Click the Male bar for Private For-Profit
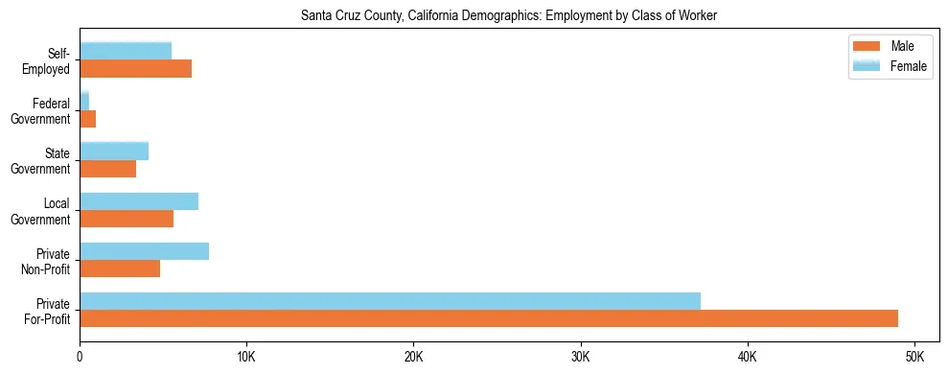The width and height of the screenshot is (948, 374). [489, 318]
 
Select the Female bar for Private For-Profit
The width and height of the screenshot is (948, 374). [390, 301]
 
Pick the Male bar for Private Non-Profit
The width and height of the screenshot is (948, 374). [120, 269]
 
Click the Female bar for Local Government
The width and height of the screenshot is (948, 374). [139, 201]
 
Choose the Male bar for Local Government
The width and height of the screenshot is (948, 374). [127, 219]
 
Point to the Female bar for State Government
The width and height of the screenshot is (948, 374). [114, 152]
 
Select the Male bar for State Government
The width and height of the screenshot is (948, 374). [108, 169]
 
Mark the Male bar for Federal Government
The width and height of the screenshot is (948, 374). [87, 119]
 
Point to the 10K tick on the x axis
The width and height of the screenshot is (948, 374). [246, 357]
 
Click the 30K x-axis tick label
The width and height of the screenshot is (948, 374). [580, 357]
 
